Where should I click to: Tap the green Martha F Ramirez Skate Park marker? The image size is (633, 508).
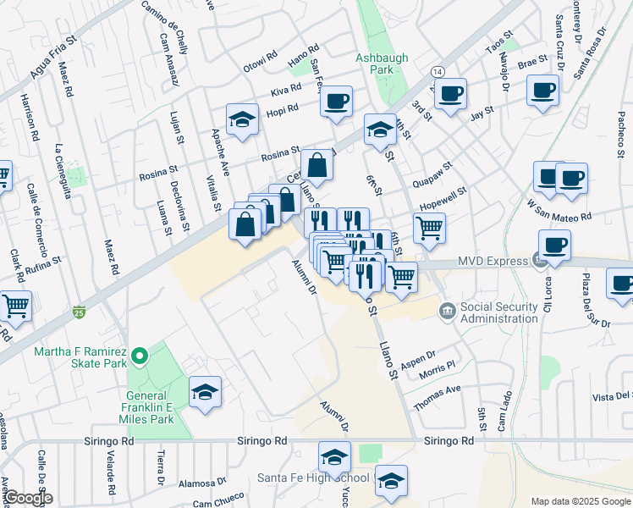[141, 356]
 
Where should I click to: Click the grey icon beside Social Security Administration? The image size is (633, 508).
[447, 311]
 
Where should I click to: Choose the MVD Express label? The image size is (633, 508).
[493, 262]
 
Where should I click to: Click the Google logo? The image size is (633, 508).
[27, 498]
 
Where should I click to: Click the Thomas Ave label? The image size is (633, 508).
[436, 397]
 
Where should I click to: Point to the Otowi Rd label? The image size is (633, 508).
[261, 62]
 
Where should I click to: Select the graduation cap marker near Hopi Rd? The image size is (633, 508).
[242, 119]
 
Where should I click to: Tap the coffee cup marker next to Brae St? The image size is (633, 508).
[542, 90]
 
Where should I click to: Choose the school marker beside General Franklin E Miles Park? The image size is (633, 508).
[205, 392]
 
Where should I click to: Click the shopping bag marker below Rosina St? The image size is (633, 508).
[316, 166]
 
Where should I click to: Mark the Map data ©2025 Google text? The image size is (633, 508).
[581, 501]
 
